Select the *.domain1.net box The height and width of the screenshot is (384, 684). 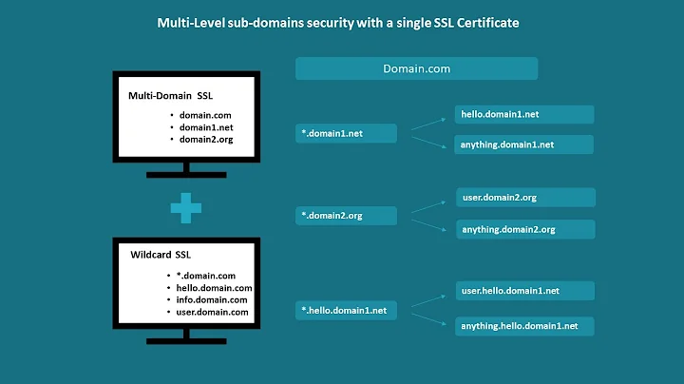click(x=346, y=133)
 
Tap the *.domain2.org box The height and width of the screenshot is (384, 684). click(x=346, y=216)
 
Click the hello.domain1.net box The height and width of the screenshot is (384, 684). click(x=524, y=114)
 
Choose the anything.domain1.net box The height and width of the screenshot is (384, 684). click(x=524, y=144)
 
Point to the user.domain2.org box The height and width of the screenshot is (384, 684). click(x=525, y=197)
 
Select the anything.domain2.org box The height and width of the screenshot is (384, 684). click(x=525, y=229)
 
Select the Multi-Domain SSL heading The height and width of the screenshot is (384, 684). click(x=178, y=97)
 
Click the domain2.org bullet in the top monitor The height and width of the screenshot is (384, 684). click(x=206, y=139)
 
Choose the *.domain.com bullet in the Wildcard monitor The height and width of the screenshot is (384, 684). click(x=206, y=276)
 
